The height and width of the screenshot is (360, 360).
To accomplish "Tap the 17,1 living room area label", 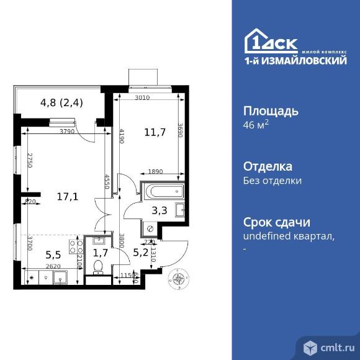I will click(68, 197).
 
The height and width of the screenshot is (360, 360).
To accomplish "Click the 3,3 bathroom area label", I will click(160, 210).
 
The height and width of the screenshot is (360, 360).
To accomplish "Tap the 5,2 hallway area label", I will click(141, 253).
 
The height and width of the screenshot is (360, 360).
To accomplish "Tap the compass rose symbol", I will click(179, 281).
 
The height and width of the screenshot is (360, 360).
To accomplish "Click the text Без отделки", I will click(272, 181).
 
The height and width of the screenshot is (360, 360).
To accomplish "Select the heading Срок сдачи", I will click(276, 222).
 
